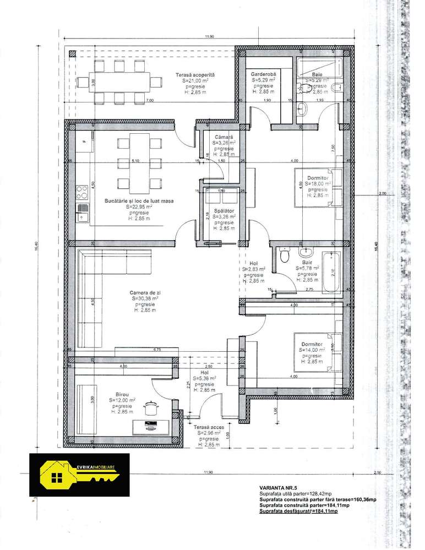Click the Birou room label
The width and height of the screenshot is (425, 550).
coord(122,395)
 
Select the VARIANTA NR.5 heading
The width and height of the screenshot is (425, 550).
coord(278,488)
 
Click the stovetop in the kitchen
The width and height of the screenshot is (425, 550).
coord(83,193)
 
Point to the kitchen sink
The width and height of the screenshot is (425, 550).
coord(83,211)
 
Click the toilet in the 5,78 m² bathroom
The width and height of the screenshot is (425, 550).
coord(285,257)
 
